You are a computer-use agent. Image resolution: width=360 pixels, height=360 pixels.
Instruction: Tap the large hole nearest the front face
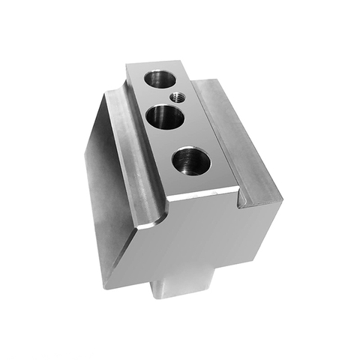click(190, 161)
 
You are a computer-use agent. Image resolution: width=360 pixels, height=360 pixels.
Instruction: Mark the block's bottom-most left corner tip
click(106, 287)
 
